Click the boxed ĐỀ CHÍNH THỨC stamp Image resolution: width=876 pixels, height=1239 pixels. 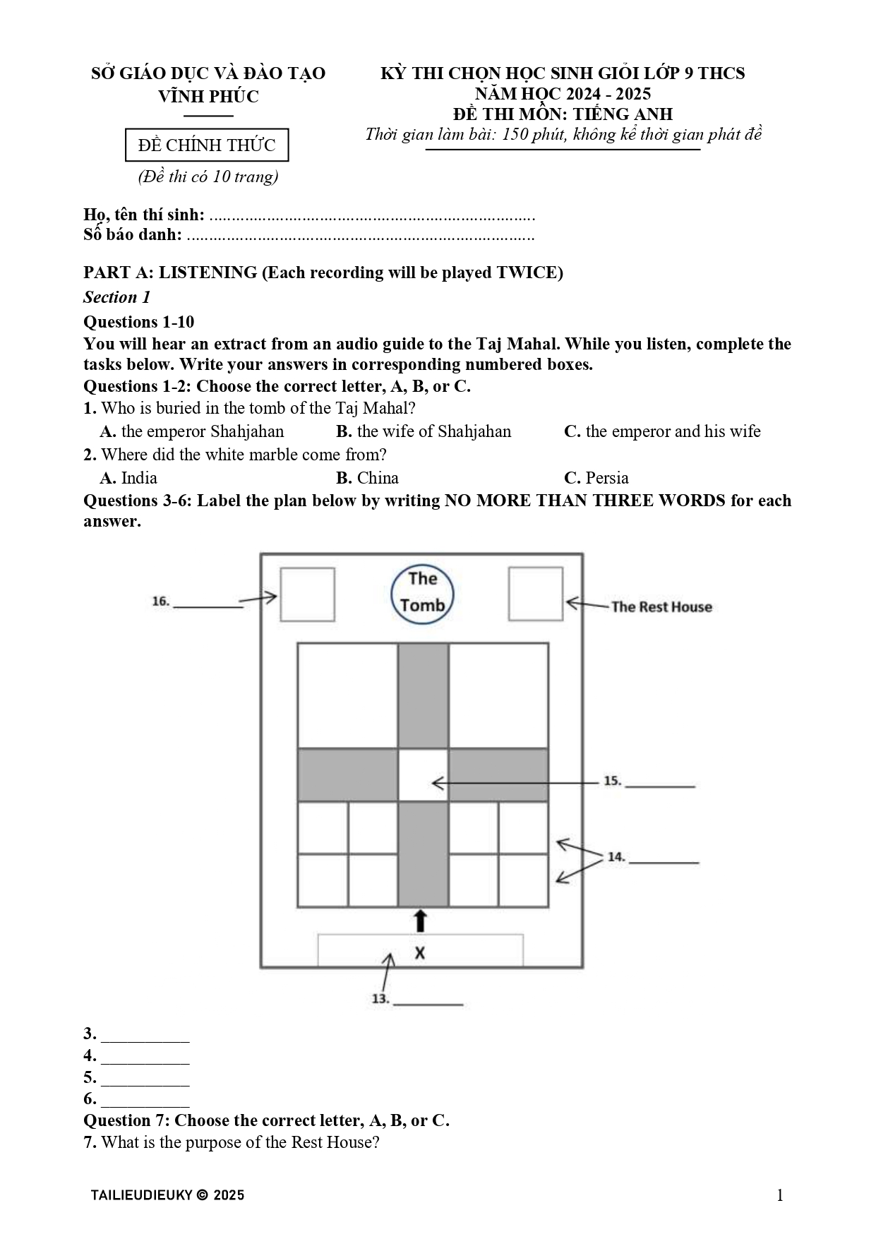(207, 145)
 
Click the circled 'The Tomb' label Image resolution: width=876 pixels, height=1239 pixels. (422, 593)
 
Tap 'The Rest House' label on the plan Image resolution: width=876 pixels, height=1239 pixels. (661, 606)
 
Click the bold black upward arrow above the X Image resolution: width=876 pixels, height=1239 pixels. (421, 921)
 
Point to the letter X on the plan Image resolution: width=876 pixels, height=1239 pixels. (420, 952)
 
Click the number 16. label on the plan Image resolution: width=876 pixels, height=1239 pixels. (161, 601)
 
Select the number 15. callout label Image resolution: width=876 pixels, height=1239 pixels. (612, 781)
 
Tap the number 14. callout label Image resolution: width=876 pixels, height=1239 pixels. (616, 857)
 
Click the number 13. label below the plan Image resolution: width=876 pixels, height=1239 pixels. (380, 998)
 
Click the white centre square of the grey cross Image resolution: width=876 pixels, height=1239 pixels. (423, 775)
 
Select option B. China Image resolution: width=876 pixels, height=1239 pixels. (367, 478)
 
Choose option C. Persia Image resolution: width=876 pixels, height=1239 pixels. (596, 478)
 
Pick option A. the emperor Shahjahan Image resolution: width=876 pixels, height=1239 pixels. (192, 431)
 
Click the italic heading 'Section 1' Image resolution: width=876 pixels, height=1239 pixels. (117, 297)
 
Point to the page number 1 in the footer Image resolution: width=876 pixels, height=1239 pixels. (779, 1195)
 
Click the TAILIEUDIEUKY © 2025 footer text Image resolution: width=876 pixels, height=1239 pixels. (167, 1195)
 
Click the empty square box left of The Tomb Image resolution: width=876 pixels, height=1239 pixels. (307, 594)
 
